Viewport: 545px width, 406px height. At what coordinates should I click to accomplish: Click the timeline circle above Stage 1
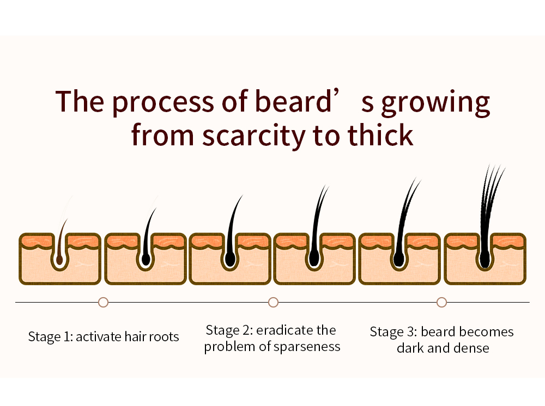(x=103, y=302)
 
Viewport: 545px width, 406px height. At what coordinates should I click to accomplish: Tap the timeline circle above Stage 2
(x=273, y=302)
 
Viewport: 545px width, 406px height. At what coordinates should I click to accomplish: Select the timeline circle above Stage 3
(x=441, y=302)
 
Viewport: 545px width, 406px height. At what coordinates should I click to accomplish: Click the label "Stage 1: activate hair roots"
(x=104, y=337)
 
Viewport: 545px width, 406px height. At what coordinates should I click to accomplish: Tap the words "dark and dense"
(x=443, y=348)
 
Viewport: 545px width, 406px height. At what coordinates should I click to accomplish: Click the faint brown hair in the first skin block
(x=62, y=234)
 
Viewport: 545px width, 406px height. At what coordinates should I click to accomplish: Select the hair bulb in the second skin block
(x=145, y=260)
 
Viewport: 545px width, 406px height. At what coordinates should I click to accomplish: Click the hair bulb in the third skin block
(x=229, y=260)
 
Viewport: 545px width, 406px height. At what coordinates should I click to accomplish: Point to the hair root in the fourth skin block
(x=314, y=260)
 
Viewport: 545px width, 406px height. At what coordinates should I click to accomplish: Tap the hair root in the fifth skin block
(x=399, y=260)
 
